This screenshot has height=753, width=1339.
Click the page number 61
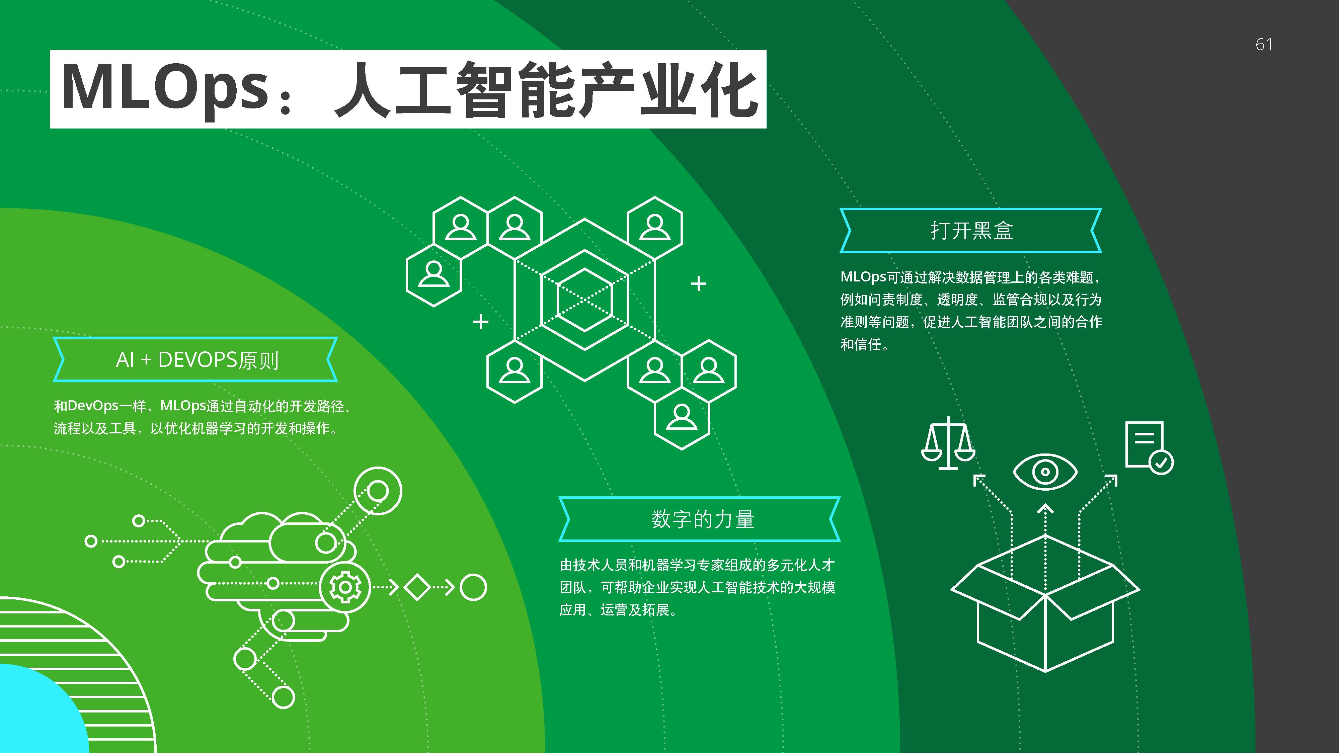1264,45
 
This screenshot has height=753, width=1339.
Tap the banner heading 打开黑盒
971,231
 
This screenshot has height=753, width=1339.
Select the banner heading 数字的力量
703,519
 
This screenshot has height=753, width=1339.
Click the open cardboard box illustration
1045,603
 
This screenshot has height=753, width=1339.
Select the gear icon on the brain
345,587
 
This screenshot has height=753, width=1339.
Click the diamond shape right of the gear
417,588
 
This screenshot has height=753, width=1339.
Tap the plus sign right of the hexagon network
699,284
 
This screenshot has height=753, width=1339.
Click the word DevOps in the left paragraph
93,406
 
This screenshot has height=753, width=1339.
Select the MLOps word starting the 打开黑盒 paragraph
863,277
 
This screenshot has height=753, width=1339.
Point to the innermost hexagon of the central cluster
584,300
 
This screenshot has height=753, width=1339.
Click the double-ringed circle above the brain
378,491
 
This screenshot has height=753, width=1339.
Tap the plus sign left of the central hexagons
481,322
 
